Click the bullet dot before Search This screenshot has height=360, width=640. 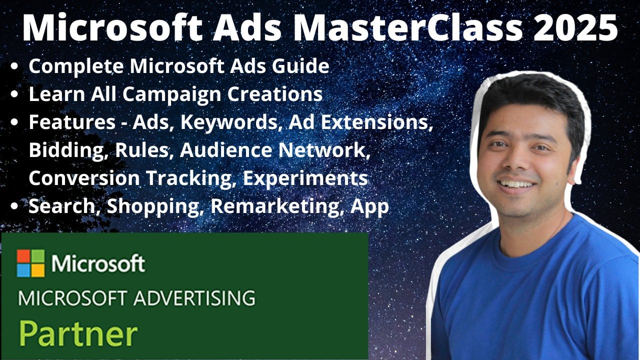pos(14,206)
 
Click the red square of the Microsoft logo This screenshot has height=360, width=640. pos(23,256)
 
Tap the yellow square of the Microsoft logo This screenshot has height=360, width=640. pos(38,270)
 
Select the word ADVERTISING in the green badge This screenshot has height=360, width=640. pos(194,298)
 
